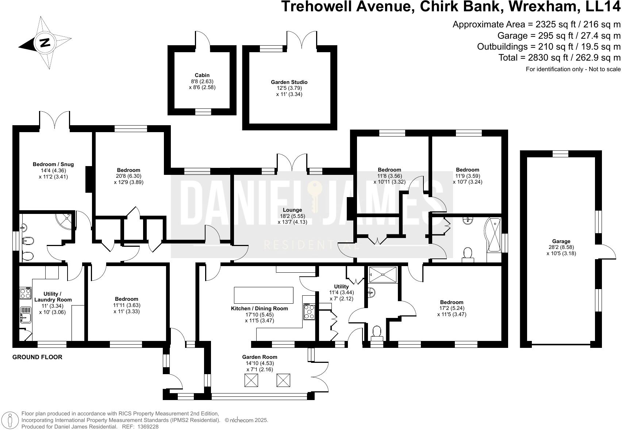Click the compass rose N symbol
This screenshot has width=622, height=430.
pyautogui.click(x=45, y=42)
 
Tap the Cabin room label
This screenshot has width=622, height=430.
pyautogui.click(x=202, y=75)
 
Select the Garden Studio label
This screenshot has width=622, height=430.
pyautogui.click(x=289, y=82)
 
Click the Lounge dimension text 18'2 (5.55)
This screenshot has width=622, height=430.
pyautogui.click(x=292, y=216)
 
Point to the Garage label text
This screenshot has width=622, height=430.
pyautogui.click(x=561, y=241)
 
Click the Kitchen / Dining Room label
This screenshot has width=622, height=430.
pyautogui.click(x=259, y=308)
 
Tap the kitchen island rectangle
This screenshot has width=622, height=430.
pyautogui.click(x=263, y=295)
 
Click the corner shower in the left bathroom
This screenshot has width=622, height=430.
pyautogui.click(x=65, y=219)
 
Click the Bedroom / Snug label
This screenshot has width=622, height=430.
pyautogui.click(x=53, y=164)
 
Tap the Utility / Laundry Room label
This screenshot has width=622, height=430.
pyautogui.click(x=53, y=297)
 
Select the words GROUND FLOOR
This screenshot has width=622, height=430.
pyautogui.click(x=37, y=357)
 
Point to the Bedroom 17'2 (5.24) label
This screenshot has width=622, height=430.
pyautogui.click(x=452, y=302)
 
